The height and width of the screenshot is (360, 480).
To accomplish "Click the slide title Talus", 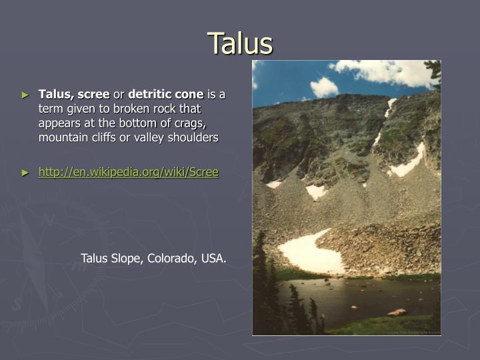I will coord(240,43).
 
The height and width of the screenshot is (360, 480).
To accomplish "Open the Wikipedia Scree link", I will coord(128,172).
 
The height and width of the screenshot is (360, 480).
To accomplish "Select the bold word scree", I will coord(93,94).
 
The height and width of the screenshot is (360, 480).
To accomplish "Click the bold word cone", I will coord(189,94).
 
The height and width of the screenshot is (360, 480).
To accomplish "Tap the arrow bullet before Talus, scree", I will coord(26,95).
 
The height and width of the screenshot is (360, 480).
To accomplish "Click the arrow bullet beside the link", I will coord(26,172).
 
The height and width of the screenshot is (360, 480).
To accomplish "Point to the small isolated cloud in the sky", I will coord(324,87).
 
